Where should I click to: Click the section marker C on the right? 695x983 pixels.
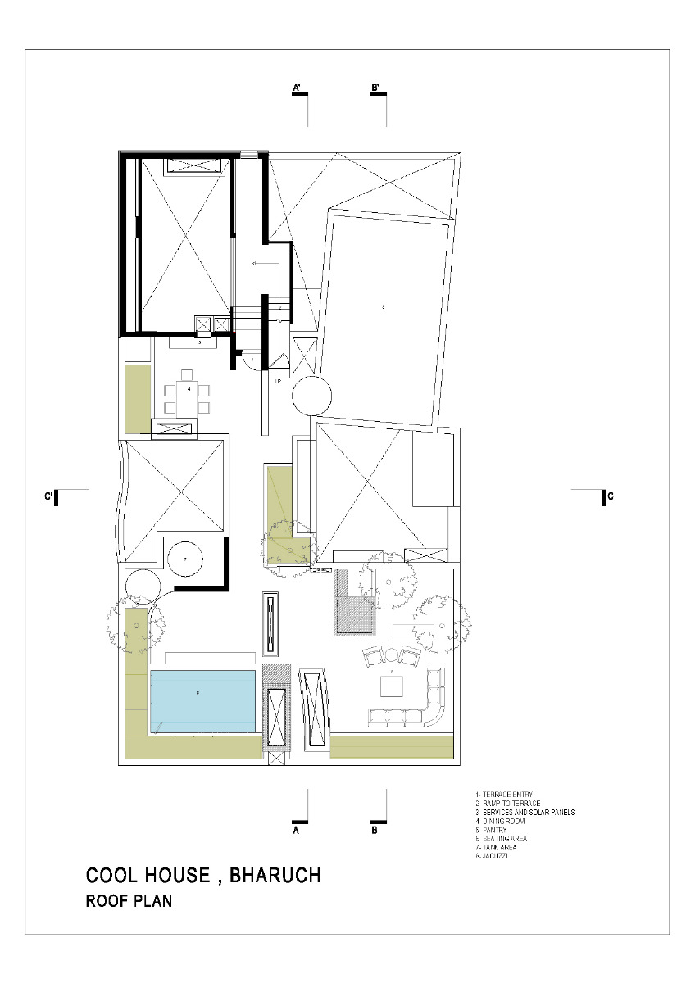click(x=609, y=496)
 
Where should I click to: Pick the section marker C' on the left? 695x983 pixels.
click(x=51, y=496)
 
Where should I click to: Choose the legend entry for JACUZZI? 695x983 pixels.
click(x=497, y=855)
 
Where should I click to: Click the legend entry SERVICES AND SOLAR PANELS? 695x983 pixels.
click(x=525, y=812)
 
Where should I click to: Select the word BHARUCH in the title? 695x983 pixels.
click(x=275, y=876)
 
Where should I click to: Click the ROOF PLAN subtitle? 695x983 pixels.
click(x=129, y=902)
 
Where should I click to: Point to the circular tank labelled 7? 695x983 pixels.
click(x=185, y=559)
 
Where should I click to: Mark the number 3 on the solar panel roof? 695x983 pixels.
click(x=383, y=307)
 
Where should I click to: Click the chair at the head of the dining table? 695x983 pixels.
click(x=187, y=374)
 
